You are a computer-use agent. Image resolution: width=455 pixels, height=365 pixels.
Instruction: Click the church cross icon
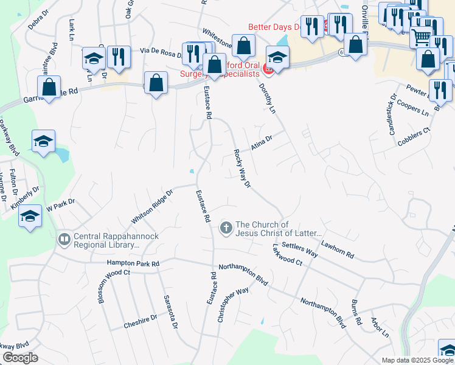coord(226,228)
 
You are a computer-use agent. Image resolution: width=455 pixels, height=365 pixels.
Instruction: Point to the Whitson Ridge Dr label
coord(152,206)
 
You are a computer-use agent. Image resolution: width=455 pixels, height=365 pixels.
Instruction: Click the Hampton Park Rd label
coord(133,263)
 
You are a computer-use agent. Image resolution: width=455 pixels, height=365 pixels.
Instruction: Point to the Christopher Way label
coord(234,304)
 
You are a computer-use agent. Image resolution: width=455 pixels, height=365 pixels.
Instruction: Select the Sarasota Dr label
coord(170,312)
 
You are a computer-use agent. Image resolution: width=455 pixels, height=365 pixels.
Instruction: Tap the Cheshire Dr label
coord(140,320)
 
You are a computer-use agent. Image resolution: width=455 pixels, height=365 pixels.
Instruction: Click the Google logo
coord(20,358)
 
